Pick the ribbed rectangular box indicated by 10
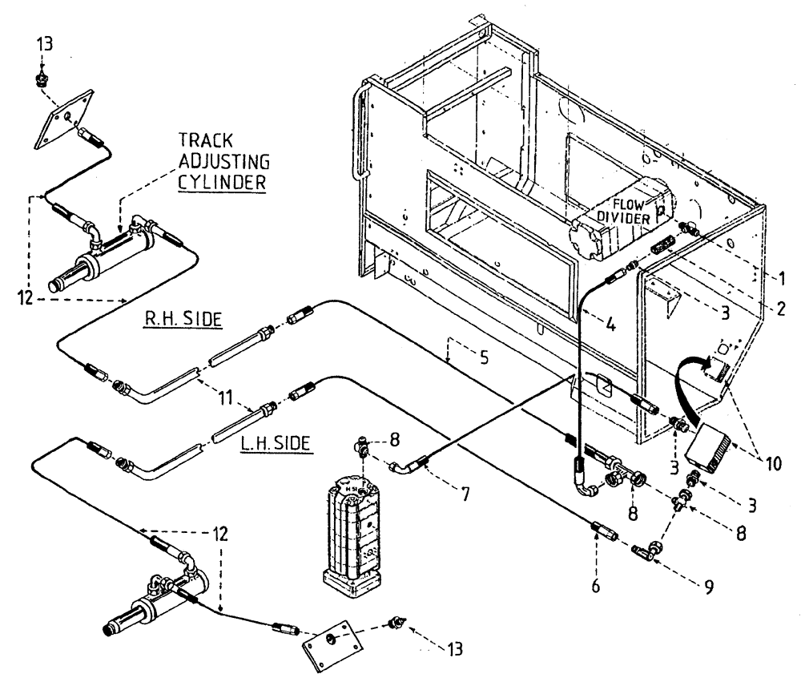706,443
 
